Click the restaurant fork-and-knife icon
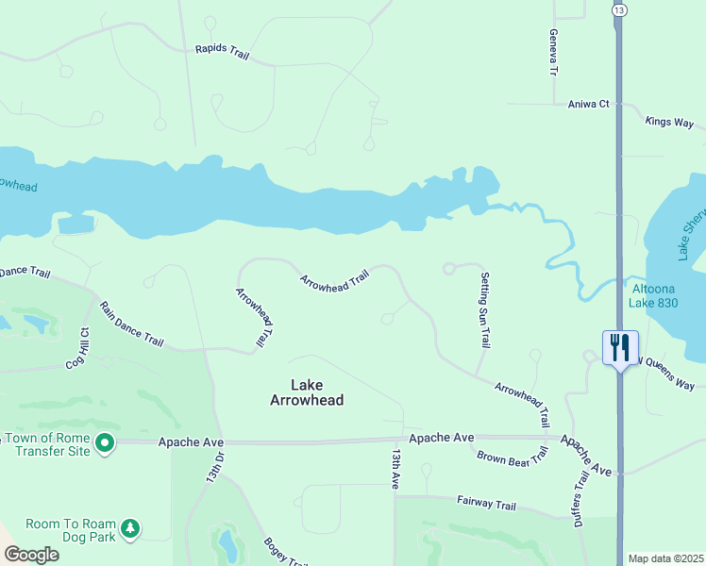620,347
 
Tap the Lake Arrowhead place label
304,392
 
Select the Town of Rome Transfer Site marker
105,442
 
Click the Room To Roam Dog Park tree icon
130,529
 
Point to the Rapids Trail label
222,53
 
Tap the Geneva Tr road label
554,51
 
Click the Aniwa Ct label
589,105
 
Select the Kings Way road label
669,123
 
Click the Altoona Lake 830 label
656,296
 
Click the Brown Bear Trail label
512,457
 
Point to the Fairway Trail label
486,504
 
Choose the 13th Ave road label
395,469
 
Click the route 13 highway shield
618,8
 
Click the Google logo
30,555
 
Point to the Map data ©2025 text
665,558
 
